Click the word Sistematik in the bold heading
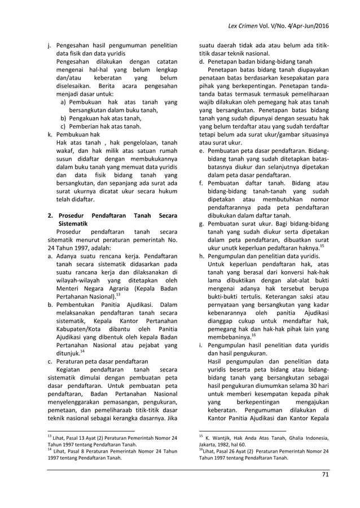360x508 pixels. point(75,223)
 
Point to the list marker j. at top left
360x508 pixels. point(50,46)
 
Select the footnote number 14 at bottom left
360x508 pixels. point(50,449)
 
